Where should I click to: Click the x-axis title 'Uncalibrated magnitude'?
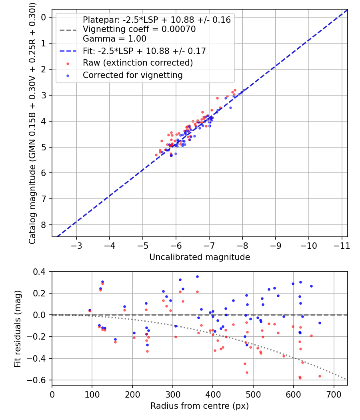200,257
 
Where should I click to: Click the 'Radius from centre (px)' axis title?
200,406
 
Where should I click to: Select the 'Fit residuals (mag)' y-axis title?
17,328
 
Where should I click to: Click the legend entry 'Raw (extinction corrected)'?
138,63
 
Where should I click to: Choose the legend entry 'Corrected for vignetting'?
132,75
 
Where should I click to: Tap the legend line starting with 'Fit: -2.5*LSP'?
144,51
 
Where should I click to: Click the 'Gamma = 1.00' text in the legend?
114,39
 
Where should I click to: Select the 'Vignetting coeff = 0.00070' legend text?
139,29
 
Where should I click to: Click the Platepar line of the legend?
156,20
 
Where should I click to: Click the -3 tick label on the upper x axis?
77,244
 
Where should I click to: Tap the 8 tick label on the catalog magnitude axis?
44,225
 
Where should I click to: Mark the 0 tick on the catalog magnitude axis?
44,17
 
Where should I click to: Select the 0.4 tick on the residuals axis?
40,272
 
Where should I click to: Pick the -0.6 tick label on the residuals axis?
38,380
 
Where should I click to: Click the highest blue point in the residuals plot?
197,276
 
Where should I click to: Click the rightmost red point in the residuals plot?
320,376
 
